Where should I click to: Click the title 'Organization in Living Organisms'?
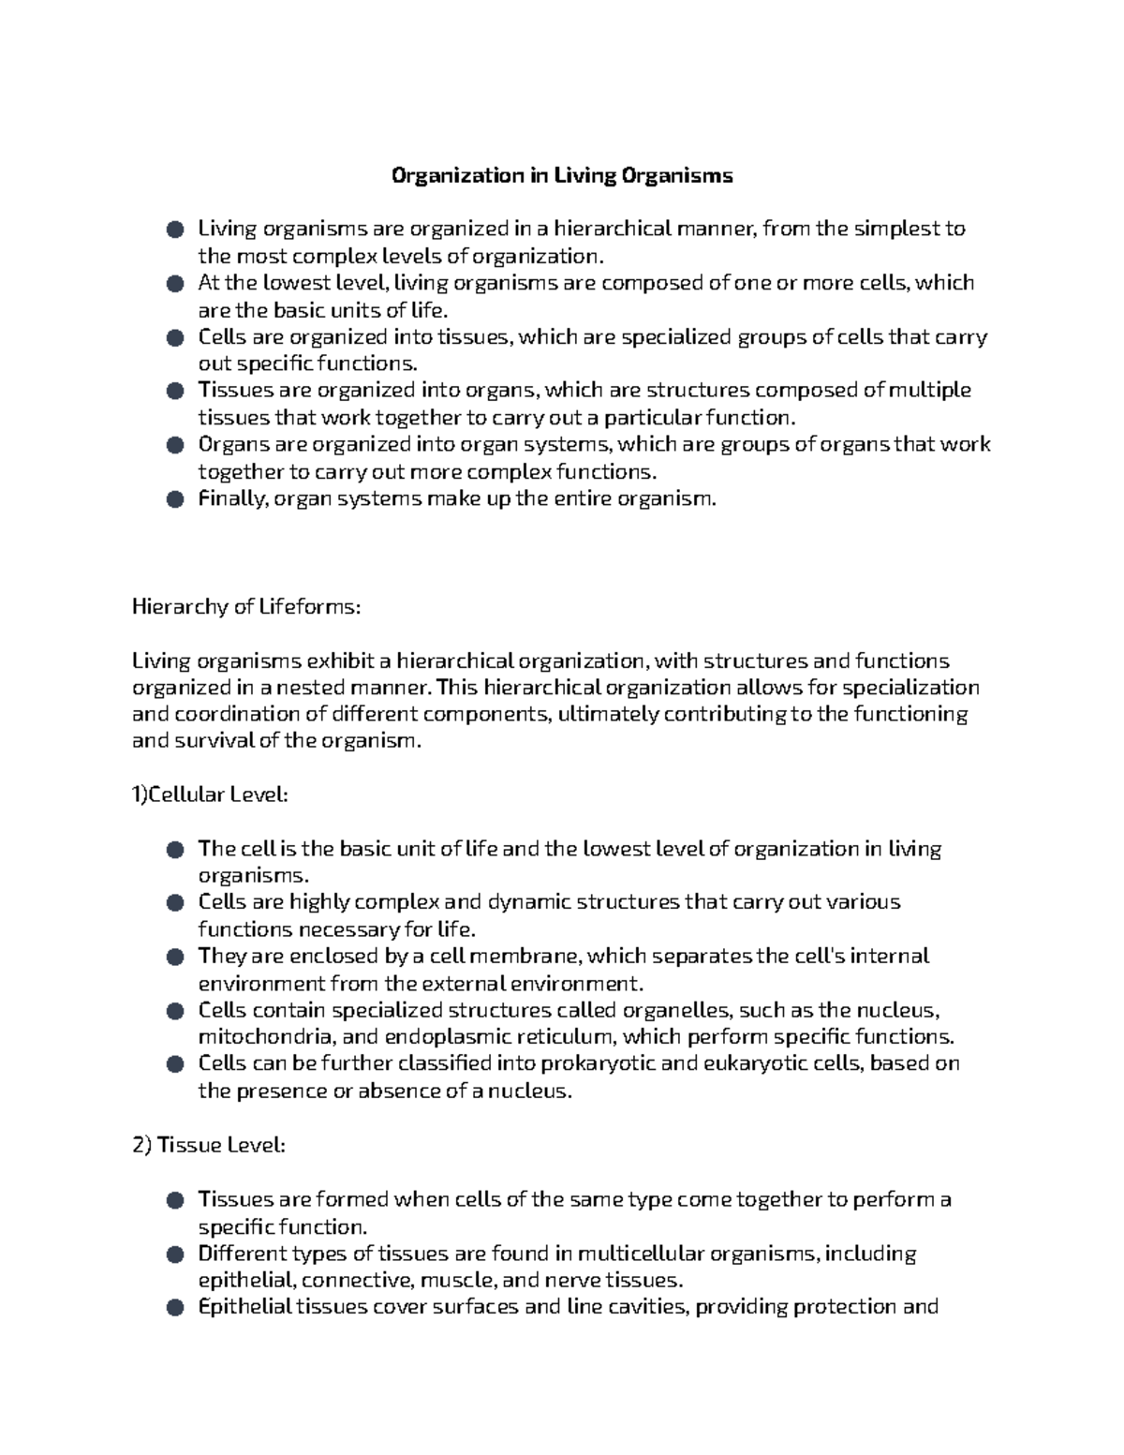coord(561,175)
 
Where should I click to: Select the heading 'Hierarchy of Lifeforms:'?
coord(245,607)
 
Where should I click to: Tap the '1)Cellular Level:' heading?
coord(210,795)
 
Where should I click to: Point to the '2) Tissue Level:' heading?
coord(209,1145)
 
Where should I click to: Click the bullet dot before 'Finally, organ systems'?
coord(174,499)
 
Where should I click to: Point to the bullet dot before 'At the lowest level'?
coord(174,283)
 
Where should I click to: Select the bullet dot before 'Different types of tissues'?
coord(174,1255)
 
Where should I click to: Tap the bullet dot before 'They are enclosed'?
coord(174,958)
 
